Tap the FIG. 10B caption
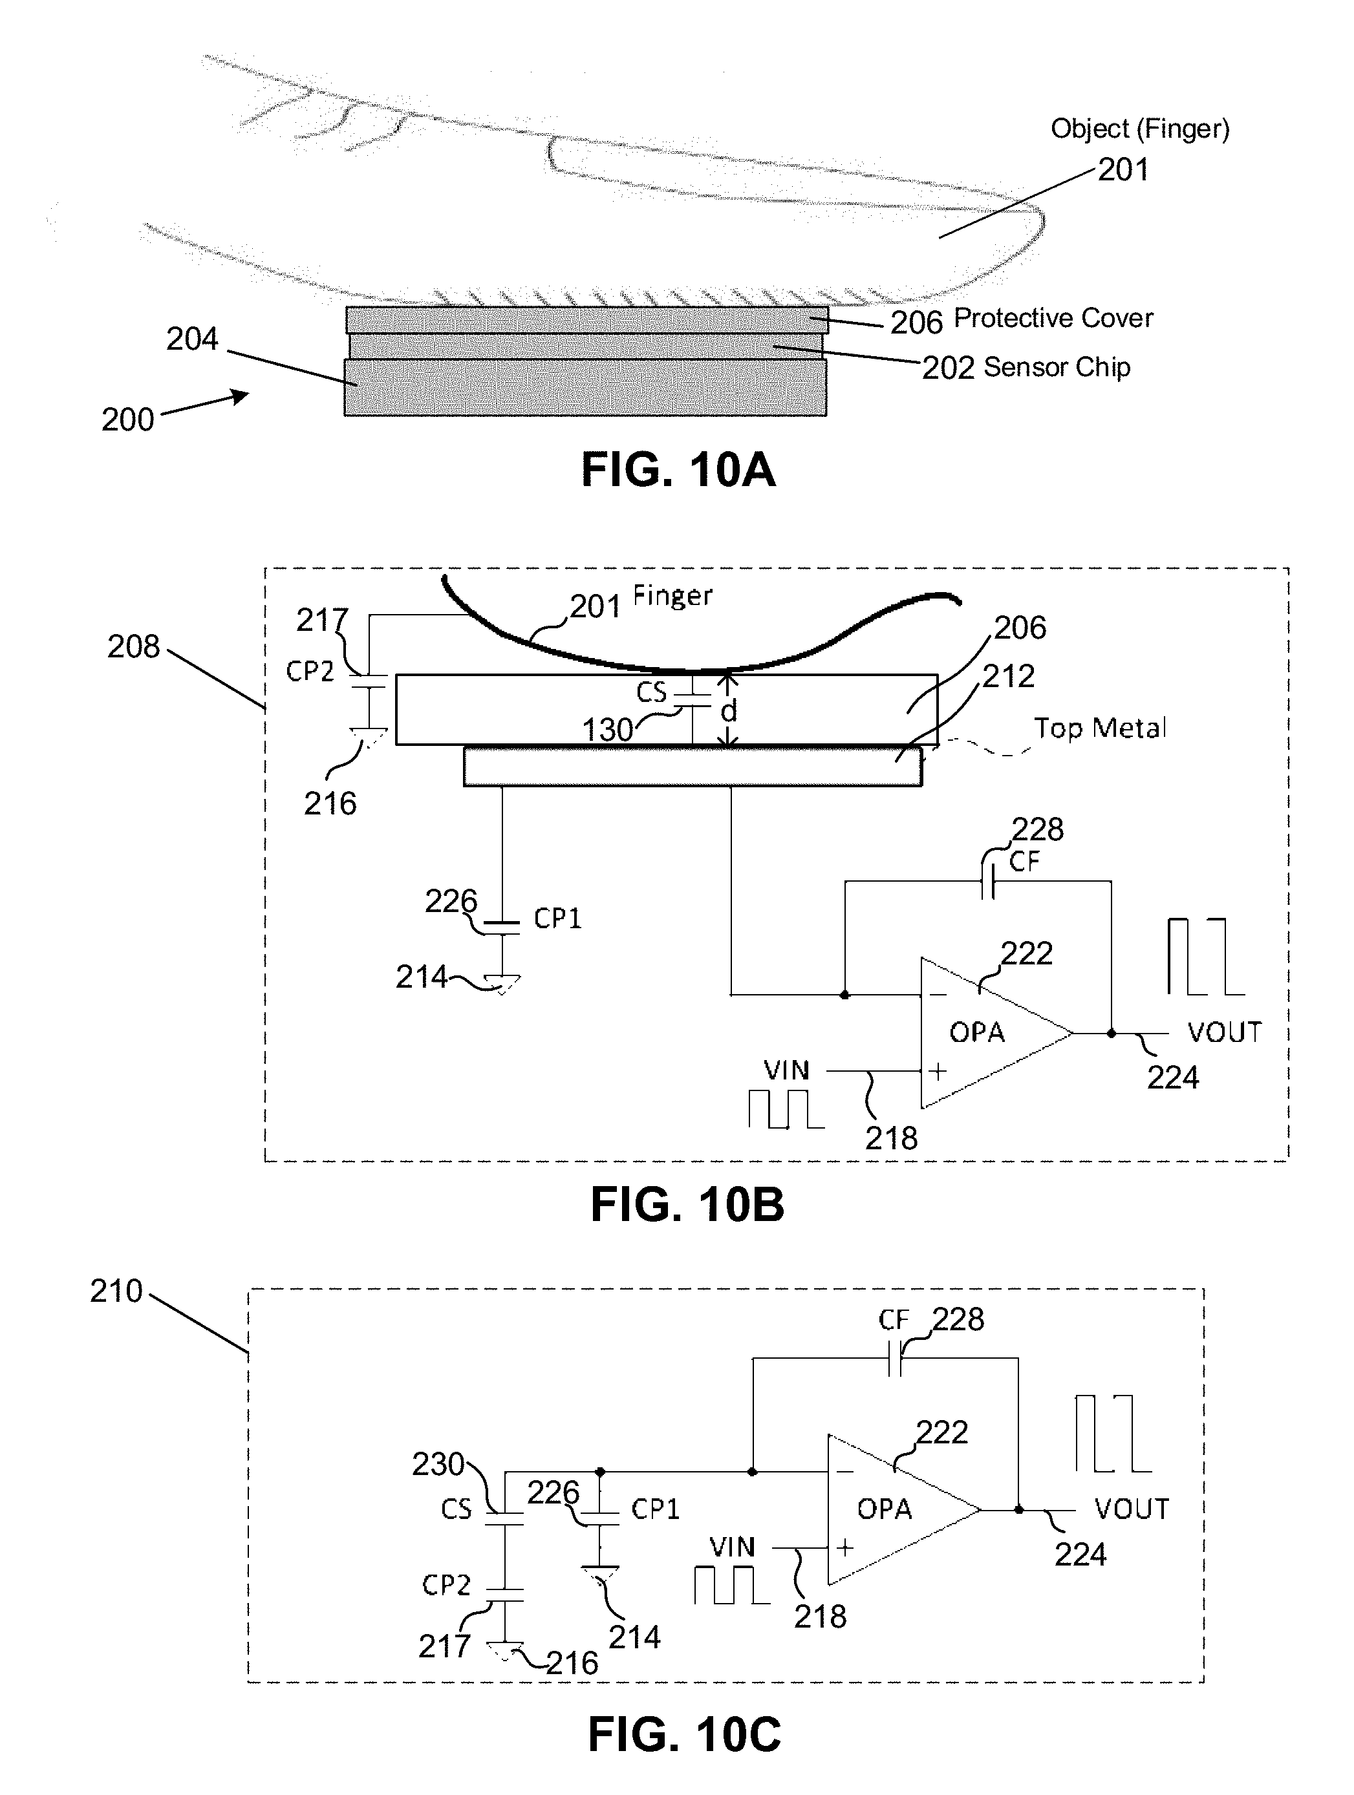[687, 1204]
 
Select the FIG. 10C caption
[683, 1736]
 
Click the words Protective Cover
[1053, 318]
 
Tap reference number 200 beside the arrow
[127, 420]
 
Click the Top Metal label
[1099, 728]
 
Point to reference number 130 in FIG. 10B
[607, 730]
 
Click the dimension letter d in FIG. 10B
[729, 711]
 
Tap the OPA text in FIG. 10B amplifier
[976, 1032]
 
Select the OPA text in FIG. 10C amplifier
[884, 1509]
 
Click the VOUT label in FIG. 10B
[1224, 1032]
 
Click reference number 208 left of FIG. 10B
[133, 647]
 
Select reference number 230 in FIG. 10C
[438, 1464]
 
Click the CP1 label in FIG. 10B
[557, 918]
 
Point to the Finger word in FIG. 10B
[672, 597]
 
